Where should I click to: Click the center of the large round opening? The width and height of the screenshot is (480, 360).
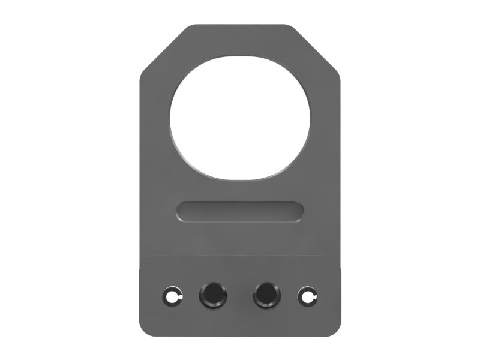tap(240, 118)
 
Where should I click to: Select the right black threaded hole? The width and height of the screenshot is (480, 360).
tap(266, 295)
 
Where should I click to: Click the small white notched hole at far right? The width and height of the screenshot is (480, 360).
tap(307, 295)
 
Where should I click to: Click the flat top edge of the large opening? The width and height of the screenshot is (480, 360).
tap(240, 58)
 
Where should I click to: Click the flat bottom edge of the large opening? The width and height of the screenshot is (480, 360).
tap(240, 178)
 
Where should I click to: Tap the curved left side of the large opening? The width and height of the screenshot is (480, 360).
tap(171, 118)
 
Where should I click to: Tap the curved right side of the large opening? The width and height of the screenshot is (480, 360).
tap(310, 118)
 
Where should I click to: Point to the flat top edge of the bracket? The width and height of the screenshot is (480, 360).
tap(240, 26)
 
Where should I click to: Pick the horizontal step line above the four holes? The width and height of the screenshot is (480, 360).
tap(240, 257)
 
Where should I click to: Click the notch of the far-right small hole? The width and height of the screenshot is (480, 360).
tap(313, 296)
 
